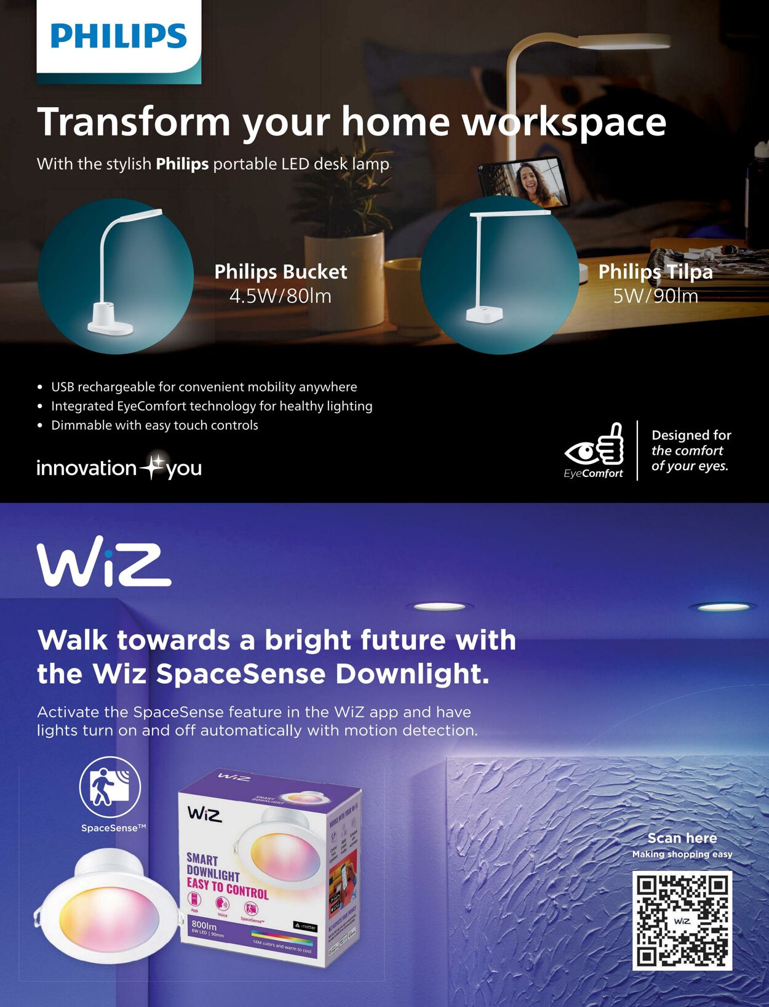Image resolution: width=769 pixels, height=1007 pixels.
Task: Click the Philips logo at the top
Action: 119,36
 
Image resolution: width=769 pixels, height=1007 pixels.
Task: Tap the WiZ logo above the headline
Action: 104,564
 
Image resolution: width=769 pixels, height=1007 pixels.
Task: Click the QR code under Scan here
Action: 682,920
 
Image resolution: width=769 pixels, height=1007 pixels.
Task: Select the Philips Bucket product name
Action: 281,271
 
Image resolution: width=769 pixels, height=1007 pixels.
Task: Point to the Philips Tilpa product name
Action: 655,271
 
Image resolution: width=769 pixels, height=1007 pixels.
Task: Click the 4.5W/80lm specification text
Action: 281,296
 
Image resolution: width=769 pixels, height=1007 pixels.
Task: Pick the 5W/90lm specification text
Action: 655,296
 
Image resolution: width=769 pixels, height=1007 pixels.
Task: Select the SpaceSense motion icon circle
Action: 110,787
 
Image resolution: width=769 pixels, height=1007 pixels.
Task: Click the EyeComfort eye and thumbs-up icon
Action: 595,445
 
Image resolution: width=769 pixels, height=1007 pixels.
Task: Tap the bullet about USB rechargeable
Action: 204,387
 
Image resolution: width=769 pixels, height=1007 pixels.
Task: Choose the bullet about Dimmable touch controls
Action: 154,425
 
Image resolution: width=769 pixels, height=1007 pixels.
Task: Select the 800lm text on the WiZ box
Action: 204,925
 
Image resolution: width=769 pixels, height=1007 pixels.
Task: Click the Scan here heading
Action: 682,838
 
